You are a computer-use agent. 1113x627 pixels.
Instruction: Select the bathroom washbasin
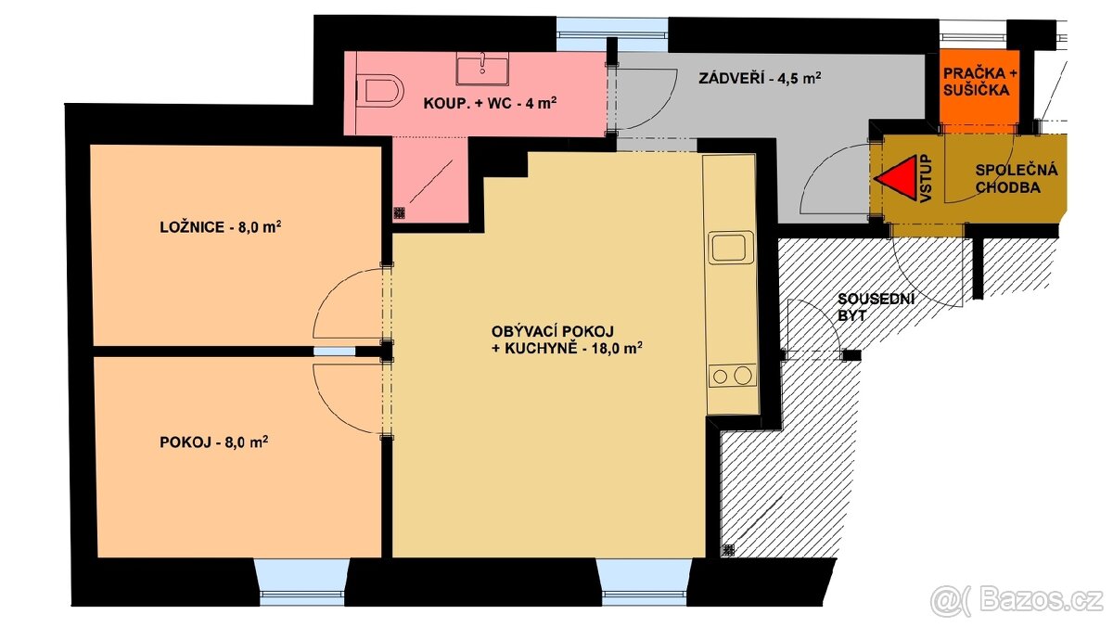(x=482, y=69)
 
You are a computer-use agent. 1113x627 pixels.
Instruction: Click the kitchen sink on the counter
(x=731, y=248)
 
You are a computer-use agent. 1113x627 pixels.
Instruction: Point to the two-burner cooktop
(x=733, y=376)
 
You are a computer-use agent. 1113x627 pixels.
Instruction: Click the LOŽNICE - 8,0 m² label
(x=221, y=227)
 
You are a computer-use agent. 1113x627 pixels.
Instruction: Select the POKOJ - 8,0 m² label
(x=214, y=441)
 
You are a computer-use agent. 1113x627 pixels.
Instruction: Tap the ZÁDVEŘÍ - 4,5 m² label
(x=760, y=79)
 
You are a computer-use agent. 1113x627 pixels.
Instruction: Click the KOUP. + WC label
(x=490, y=103)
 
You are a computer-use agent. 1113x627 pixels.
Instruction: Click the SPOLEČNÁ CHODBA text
(x=1017, y=179)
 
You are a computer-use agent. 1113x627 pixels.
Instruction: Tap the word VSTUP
(x=925, y=178)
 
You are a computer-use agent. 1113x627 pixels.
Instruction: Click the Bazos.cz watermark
(x=1017, y=601)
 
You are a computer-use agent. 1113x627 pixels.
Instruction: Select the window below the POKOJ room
(x=302, y=582)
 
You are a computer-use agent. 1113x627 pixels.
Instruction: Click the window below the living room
(x=645, y=582)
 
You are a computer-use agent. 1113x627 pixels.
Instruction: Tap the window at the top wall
(x=611, y=34)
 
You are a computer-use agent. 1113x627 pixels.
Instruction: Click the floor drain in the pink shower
(x=400, y=212)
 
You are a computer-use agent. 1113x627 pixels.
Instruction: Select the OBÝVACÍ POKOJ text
(x=553, y=331)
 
